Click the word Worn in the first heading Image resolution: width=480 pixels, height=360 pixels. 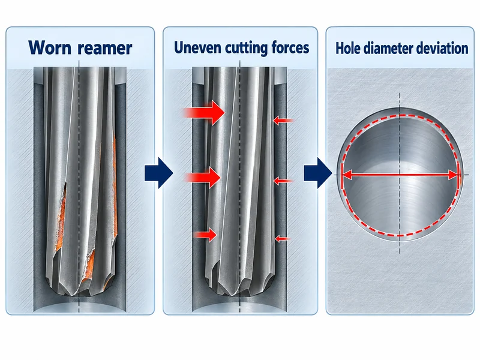click(x=50, y=47)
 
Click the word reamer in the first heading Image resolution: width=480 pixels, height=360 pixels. click(x=104, y=49)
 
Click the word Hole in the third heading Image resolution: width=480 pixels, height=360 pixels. click(x=347, y=48)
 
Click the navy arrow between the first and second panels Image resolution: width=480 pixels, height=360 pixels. click(x=158, y=173)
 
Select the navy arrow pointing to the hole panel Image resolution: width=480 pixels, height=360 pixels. click(x=318, y=173)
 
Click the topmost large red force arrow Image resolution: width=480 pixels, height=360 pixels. click(x=205, y=113)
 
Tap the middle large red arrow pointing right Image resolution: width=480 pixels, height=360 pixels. click(x=203, y=177)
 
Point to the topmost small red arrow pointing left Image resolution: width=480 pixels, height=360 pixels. click(x=283, y=121)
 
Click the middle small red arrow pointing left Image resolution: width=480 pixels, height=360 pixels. click(x=283, y=181)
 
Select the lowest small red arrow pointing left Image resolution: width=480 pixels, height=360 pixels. click(x=282, y=238)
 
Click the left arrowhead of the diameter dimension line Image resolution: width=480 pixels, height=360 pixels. click(x=346, y=175)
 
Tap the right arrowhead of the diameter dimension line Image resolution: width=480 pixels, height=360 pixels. click(x=454, y=175)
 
